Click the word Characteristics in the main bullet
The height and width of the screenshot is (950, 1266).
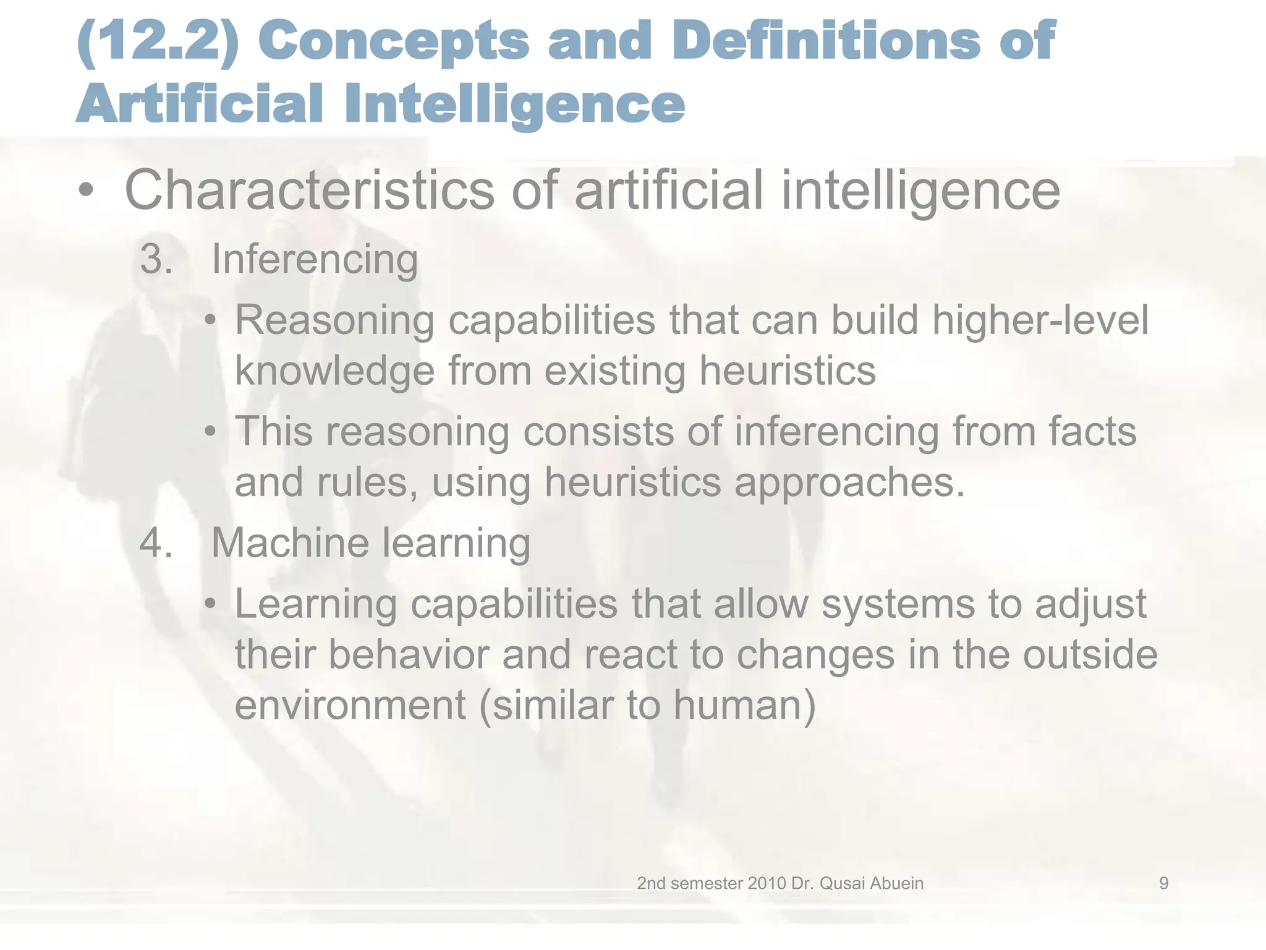click(x=310, y=190)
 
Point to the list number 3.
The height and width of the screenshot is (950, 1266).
click(x=156, y=259)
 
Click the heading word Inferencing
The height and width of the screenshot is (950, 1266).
click(x=315, y=260)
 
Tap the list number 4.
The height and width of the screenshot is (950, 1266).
click(x=156, y=543)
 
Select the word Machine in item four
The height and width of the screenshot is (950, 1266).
click(x=290, y=543)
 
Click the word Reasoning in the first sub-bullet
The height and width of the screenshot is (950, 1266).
click(x=334, y=321)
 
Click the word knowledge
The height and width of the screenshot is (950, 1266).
click(x=334, y=371)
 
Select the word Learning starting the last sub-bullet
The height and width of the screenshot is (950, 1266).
click(x=316, y=604)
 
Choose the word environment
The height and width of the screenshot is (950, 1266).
click(x=350, y=704)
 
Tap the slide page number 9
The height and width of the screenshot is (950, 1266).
click(x=1163, y=883)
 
